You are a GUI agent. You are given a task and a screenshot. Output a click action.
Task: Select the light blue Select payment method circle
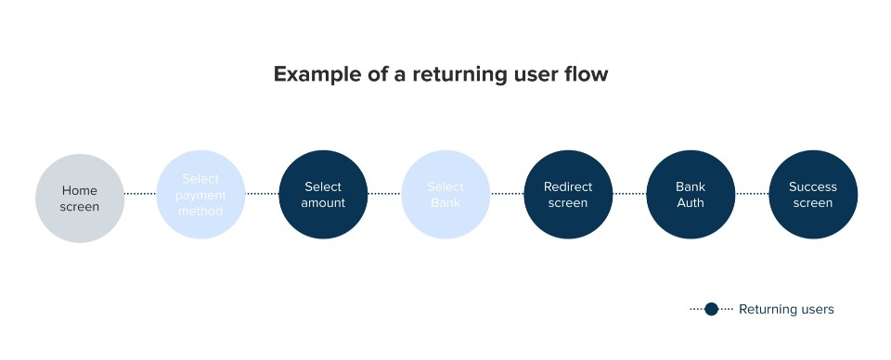[201, 195]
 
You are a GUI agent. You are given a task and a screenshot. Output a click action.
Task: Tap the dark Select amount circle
[323, 195]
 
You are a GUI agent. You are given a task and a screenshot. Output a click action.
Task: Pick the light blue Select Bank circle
[445, 195]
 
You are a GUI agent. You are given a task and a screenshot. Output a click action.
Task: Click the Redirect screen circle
[568, 195]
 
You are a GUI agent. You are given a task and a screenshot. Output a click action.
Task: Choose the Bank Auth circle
[691, 195]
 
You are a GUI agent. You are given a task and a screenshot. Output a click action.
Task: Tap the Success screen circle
[813, 195]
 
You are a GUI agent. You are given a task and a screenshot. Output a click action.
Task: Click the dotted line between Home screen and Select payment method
[140, 195]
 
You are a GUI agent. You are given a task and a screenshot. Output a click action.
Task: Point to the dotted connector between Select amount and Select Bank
[384, 195]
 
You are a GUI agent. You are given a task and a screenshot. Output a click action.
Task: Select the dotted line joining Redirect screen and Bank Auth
[629, 195]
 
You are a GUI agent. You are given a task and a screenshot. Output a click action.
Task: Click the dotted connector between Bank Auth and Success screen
[752, 195]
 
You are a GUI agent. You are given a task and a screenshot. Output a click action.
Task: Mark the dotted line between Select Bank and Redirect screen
[507, 195]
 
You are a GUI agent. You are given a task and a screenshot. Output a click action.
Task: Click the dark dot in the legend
[711, 309]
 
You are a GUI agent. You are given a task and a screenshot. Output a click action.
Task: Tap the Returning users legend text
[786, 310]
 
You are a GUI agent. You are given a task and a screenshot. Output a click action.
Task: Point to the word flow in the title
[587, 74]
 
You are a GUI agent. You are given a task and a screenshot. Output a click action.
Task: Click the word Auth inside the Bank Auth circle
[691, 203]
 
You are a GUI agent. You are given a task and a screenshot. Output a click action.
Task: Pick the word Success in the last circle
[813, 187]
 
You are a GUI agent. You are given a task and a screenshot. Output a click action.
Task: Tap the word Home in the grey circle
[80, 190]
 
